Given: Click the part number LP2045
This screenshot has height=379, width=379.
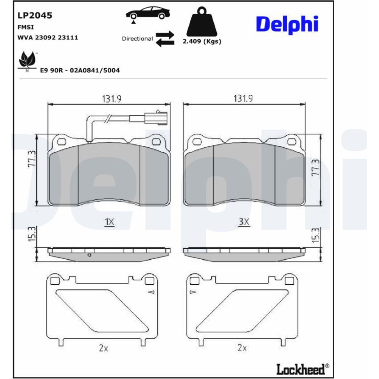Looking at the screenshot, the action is pyautogui.click(x=35, y=16).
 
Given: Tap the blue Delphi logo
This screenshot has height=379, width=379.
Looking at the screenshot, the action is pyautogui.click(x=287, y=25).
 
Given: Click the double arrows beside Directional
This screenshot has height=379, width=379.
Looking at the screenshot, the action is pyautogui.click(x=165, y=38).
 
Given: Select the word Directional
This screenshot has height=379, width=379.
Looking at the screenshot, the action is pyautogui.click(x=137, y=39).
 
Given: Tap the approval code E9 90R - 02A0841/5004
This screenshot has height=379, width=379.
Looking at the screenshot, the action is pyautogui.click(x=80, y=70).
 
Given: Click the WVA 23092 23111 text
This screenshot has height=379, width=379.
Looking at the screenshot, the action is pyautogui.click(x=48, y=38).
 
